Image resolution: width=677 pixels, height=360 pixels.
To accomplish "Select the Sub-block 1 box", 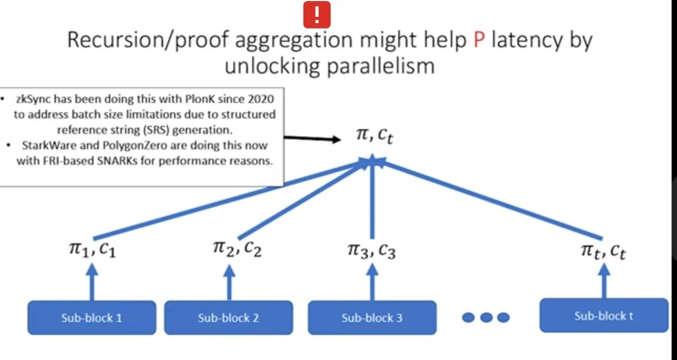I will click(x=92, y=318).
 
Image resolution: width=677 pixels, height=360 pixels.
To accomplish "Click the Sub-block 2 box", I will click(x=228, y=318).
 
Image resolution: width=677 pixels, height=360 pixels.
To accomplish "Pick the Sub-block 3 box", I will click(x=372, y=318).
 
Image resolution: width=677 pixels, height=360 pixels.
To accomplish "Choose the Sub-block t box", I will click(x=603, y=316).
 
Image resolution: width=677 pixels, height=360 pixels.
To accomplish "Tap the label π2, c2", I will click(x=237, y=248).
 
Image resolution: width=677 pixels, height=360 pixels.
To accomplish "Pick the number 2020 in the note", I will click(x=260, y=99).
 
